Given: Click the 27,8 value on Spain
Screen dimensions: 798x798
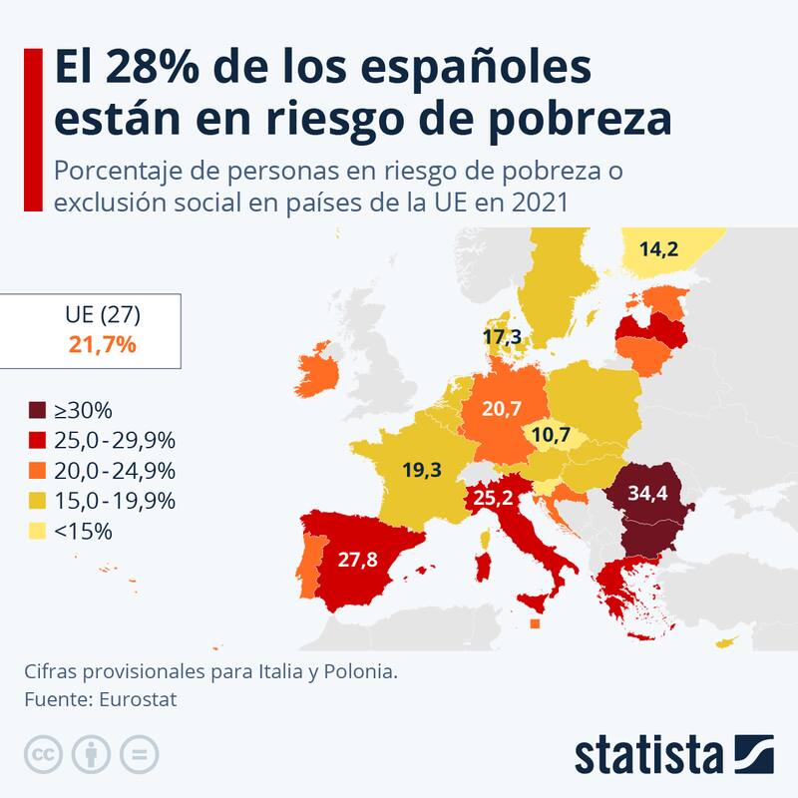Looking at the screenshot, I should pos(357,560).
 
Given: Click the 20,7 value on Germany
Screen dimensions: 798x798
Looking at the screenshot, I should pos(502,407).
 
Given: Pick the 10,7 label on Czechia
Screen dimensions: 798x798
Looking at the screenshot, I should pos(552,436).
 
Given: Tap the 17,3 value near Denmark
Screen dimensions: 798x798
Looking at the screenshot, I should pos(502,338).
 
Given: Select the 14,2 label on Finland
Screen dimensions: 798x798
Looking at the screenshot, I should pos(658,249).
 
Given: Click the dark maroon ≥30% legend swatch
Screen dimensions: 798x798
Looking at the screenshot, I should pos(37,410).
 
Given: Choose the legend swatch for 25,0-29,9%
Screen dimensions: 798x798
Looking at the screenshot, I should pos(37,440).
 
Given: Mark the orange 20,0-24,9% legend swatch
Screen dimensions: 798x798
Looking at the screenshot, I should pos(37,471).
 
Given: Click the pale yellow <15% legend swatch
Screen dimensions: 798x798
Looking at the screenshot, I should pos(37,531).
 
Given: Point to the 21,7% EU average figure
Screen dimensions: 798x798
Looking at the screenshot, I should pos(103,345).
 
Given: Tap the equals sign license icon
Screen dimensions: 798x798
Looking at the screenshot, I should pos(140,753).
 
